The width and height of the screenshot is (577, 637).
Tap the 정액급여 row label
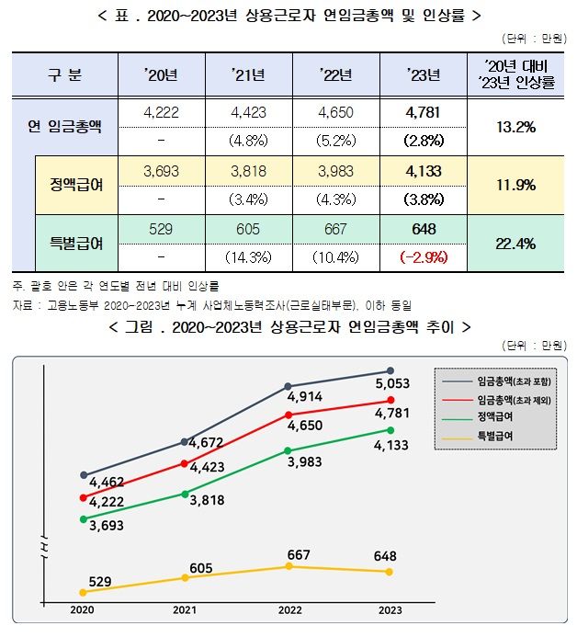(x=76, y=185)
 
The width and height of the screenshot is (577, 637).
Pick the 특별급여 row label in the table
(x=76, y=243)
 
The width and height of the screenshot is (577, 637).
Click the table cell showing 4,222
(x=160, y=111)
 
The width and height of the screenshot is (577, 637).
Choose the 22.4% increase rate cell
(x=515, y=243)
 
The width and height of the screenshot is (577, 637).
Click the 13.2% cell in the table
(x=515, y=126)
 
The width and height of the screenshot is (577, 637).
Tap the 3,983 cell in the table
(x=328, y=170)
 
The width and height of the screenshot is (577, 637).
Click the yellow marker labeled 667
(x=288, y=566)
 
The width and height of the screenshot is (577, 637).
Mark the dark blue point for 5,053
(x=390, y=371)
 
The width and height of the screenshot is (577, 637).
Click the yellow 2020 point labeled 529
(x=83, y=592)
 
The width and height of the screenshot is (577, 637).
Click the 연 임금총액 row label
(x=64, y=126)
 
